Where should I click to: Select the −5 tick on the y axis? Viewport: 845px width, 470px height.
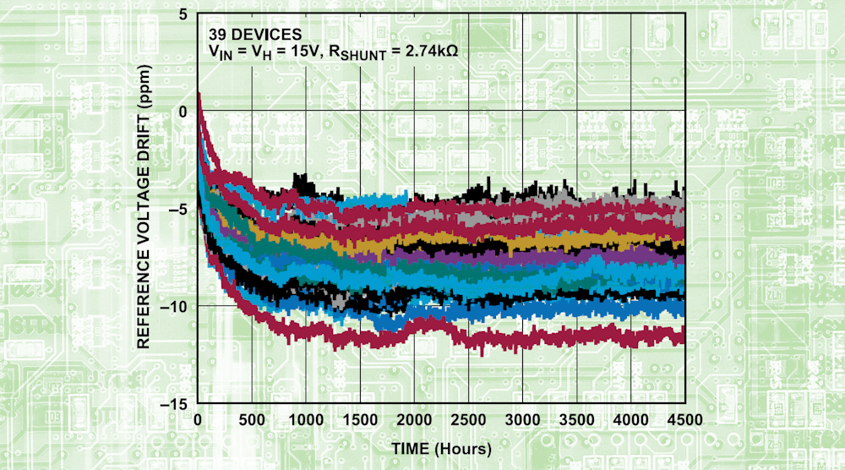[181, 209]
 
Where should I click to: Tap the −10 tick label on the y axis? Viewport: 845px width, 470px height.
[177, 306]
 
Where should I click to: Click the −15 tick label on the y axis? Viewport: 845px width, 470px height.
[177, 403]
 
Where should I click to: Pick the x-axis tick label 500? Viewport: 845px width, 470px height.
[252, 420]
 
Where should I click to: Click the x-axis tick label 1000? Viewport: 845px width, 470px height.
[306, 420]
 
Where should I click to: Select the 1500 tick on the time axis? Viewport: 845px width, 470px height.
[360, 420]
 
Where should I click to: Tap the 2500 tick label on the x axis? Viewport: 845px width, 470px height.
[468, 420]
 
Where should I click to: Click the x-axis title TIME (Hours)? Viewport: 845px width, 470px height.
[440, 445]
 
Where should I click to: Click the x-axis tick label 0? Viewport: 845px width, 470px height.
[198, 420]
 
